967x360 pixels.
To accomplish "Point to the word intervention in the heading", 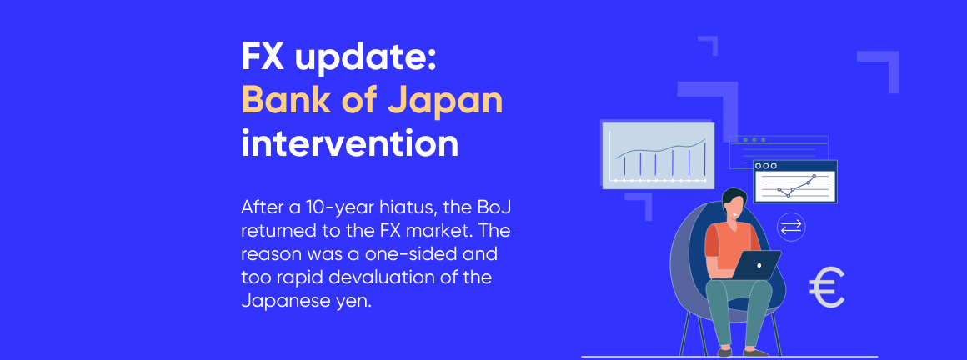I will (x=349, y=143).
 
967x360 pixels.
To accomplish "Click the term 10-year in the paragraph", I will (x=341, y=206).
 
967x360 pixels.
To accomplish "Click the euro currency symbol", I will (x=826, y=288).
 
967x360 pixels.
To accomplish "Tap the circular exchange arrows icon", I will (x=790, y=227).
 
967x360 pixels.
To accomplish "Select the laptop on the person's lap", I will (x=757, y=265).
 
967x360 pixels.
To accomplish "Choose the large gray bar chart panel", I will (x=658, y=154).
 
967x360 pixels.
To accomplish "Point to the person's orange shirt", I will (x=723, y=247).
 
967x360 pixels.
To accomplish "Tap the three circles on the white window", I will (x=766, y=166).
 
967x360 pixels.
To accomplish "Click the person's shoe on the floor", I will (x=754, y=352).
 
